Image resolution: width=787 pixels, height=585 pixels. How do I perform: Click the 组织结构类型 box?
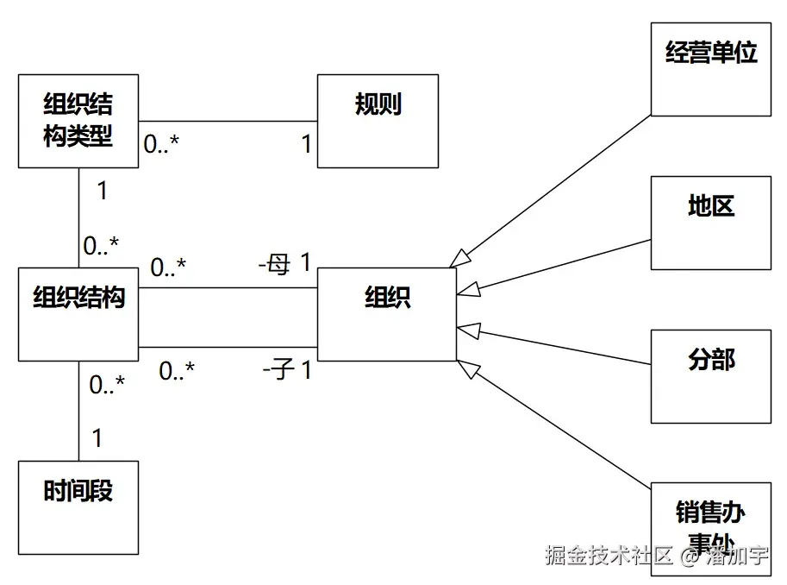pos(78,121)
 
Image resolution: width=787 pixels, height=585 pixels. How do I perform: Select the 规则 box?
pos(378,121)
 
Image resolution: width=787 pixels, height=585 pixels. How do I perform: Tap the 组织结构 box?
pos(78,314)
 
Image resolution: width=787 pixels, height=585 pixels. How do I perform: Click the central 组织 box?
pos(387,314)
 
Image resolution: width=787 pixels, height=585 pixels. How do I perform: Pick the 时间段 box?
pos(78,507)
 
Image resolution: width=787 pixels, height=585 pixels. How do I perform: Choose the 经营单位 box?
pos(710,69)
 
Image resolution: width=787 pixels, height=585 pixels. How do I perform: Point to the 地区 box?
pos(710,223)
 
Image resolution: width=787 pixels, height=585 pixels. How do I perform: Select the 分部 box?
pos(710,376)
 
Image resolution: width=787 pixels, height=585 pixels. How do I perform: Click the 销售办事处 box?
pos(710,526)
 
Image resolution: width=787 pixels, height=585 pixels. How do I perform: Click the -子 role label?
pos(278,371)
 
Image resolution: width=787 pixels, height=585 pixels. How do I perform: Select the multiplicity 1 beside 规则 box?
pos(305,145)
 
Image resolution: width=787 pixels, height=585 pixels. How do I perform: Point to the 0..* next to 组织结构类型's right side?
pos(161,145)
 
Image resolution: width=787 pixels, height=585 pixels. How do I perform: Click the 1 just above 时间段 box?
pos(97,438)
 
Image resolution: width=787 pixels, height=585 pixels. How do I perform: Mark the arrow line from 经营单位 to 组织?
pos(552,188)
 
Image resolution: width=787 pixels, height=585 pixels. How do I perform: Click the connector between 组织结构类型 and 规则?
pos(228,121)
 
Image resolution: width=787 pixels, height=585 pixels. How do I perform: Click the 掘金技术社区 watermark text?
pos(608,556)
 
